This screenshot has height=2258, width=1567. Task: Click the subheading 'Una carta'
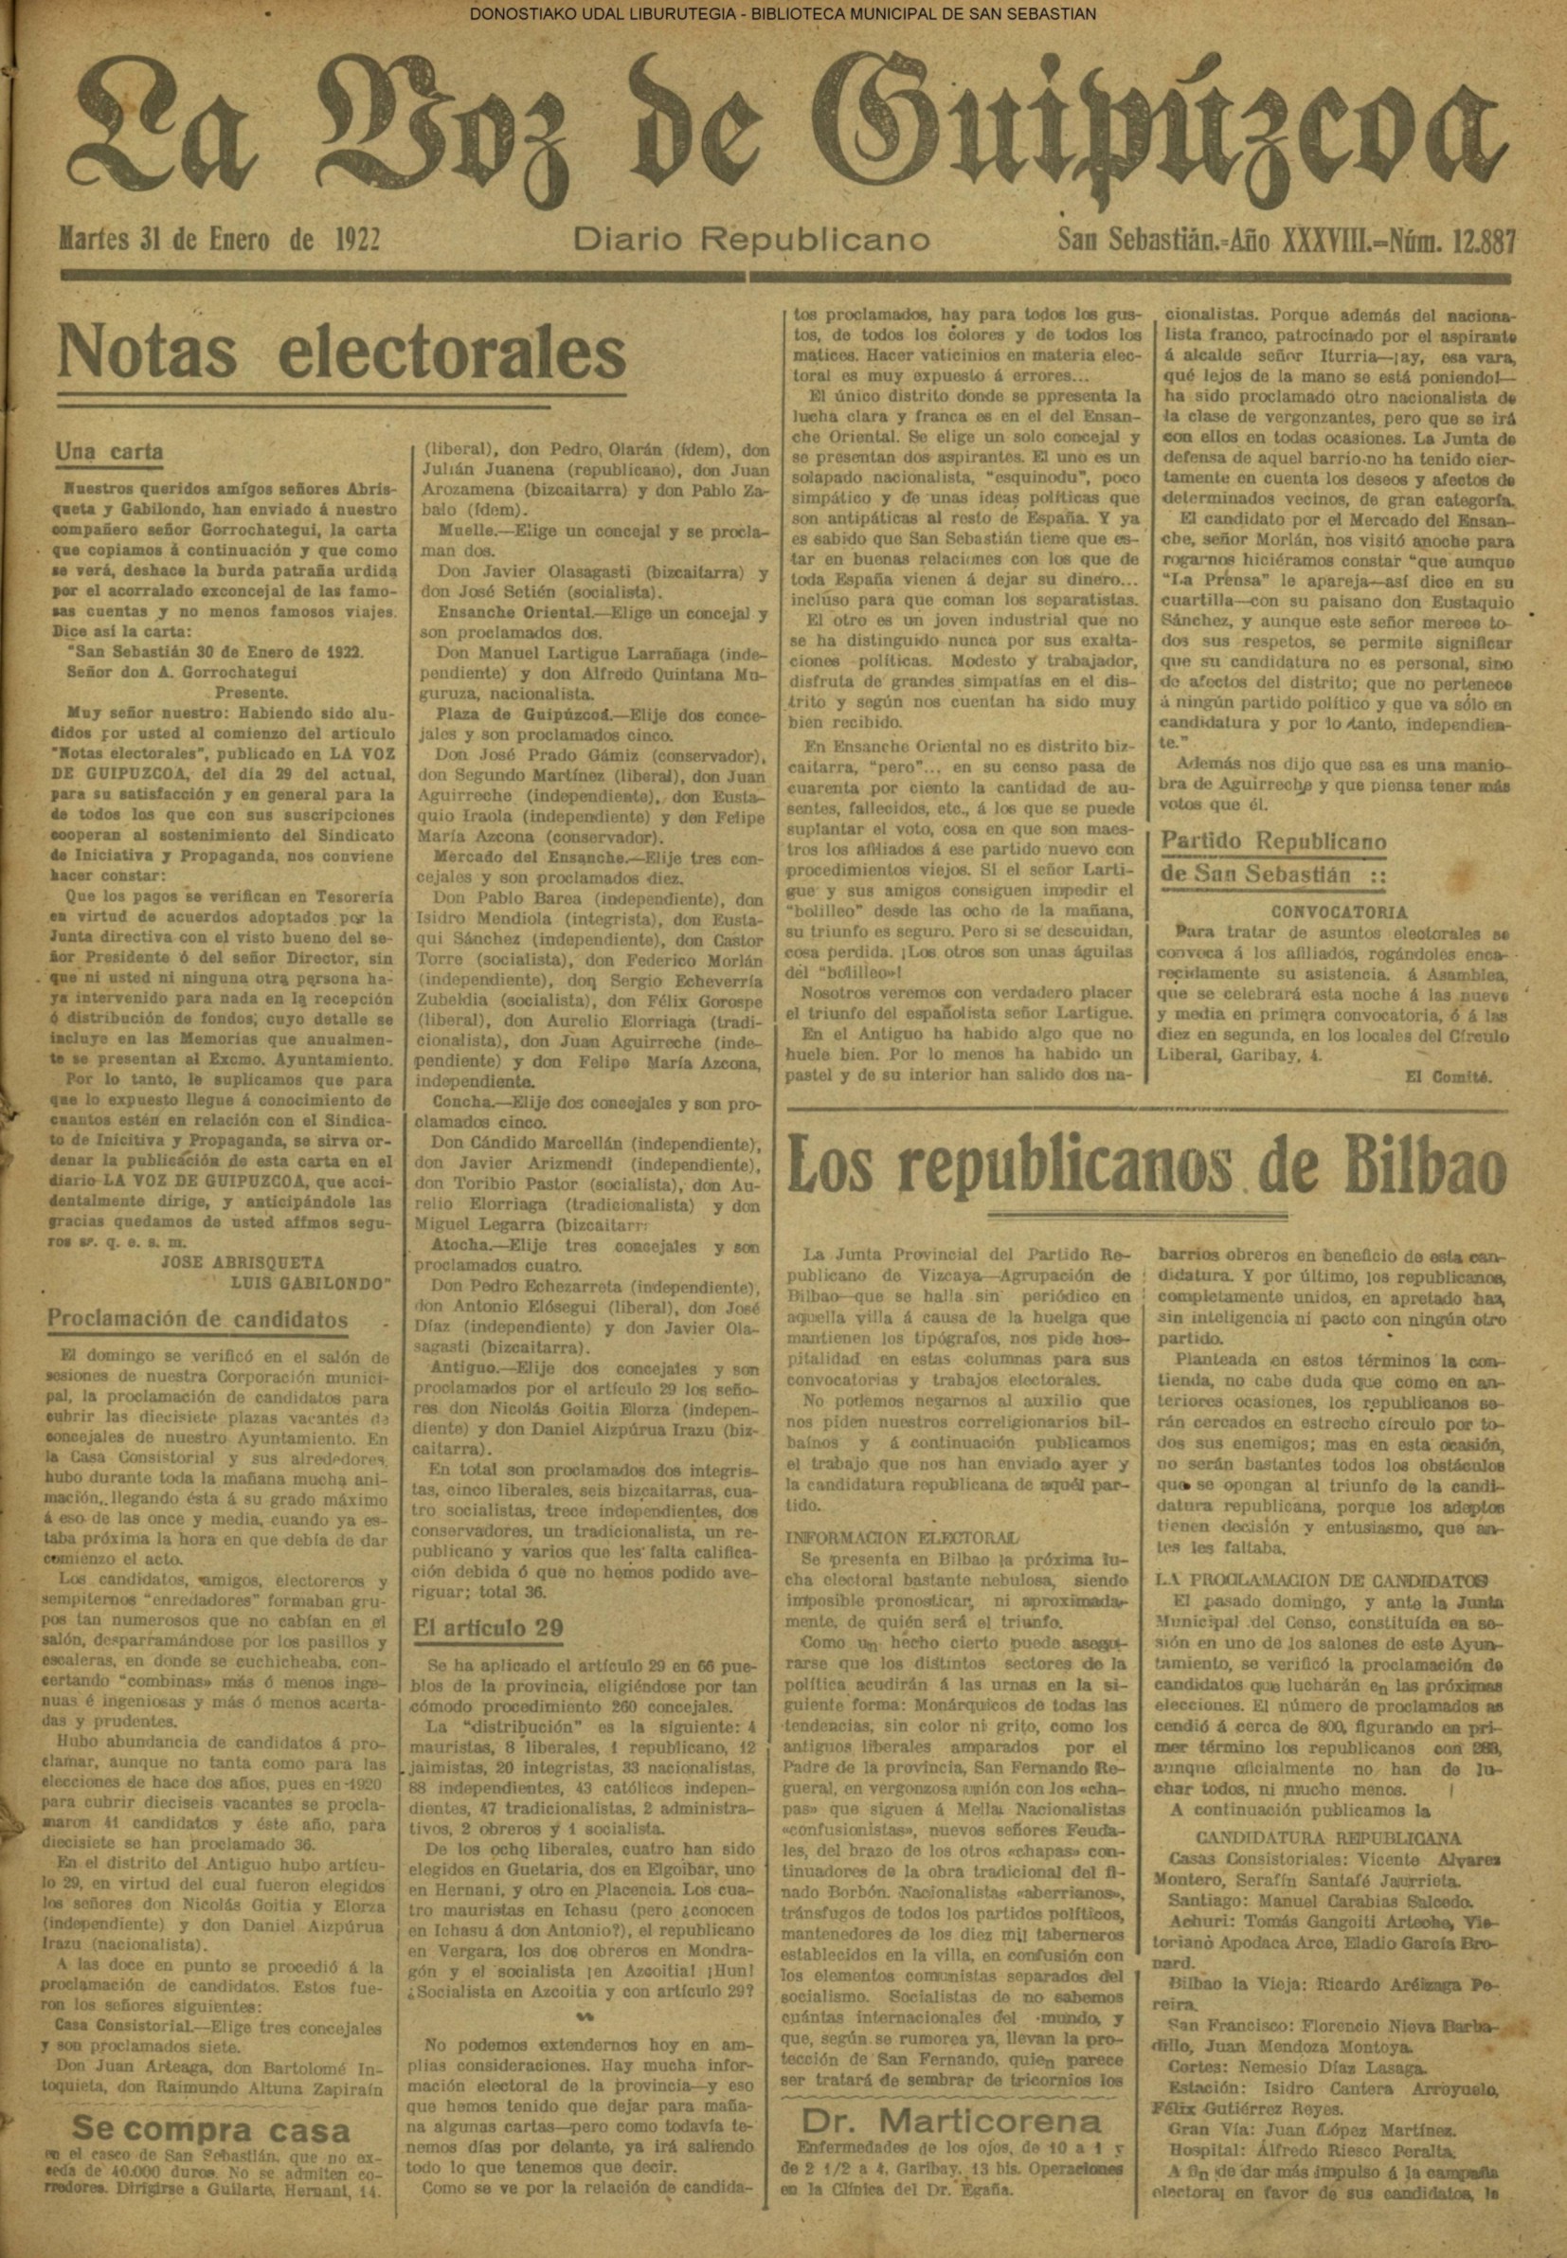[108, 452]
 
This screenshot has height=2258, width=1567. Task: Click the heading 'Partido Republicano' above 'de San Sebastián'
[1272, 841]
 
